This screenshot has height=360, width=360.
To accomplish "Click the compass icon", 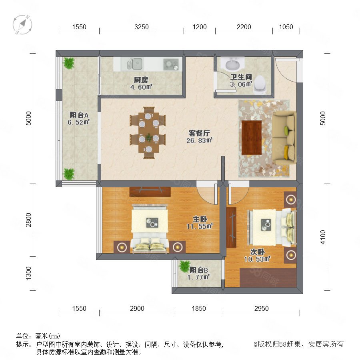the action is (x=22, y=24).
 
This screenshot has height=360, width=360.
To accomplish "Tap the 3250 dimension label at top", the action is (x=142, y=27).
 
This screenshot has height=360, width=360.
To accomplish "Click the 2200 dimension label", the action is (x=244, y=27).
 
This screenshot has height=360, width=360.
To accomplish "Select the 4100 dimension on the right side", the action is (x=323, y=237).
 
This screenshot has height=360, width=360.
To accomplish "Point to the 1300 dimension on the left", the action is (x=28, y=273).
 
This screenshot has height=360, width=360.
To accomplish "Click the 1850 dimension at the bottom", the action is (x=199, y=308).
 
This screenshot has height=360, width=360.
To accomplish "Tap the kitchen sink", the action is (x=135, y=64).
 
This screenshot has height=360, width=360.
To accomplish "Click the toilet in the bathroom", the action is (x=260, y=84).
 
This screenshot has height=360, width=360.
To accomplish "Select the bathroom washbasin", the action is (x=232, y=64).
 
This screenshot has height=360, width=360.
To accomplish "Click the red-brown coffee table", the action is (x=252, y=138).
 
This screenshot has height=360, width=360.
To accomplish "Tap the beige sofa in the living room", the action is (x=284, y=137).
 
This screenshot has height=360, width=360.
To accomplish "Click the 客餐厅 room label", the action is (x=199, y=133).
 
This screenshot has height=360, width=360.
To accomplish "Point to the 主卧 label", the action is (x=200, y=219).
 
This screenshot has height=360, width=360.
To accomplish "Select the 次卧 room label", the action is (x=257, y=252).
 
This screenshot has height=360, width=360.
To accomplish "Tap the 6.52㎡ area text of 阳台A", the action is (x=78, y=122).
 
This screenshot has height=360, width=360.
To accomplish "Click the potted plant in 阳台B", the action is (x=184, y=266).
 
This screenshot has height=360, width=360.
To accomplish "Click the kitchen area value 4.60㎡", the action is (x=141, y=87).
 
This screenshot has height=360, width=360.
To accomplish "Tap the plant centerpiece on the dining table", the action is (x=149, y=137).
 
